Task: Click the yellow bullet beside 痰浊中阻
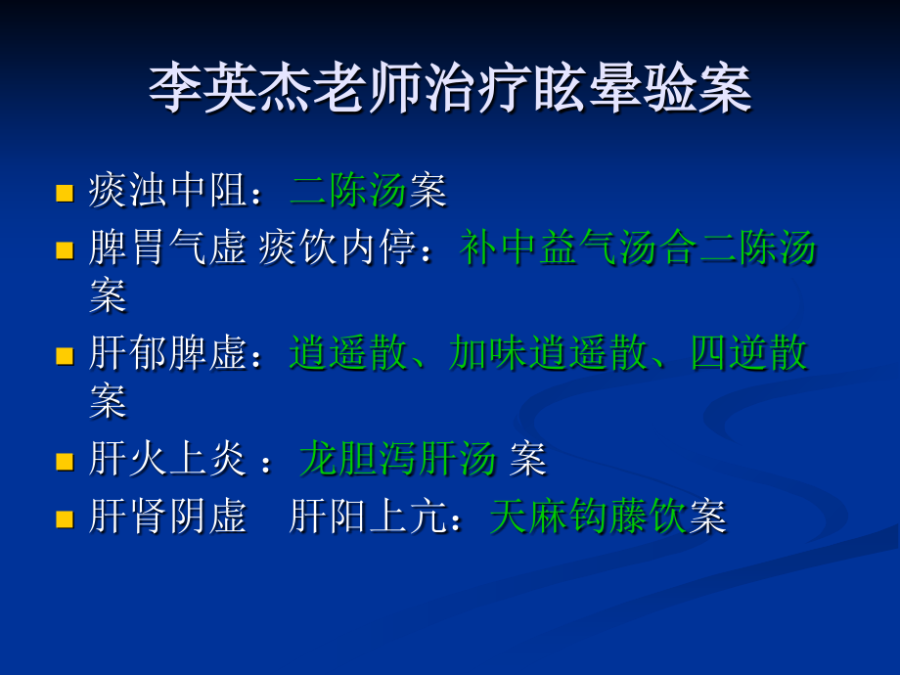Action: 65,193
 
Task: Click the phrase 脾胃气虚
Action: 166,248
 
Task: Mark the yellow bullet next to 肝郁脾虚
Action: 65,355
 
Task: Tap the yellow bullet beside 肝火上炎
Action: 65,461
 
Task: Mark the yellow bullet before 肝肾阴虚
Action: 65,518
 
